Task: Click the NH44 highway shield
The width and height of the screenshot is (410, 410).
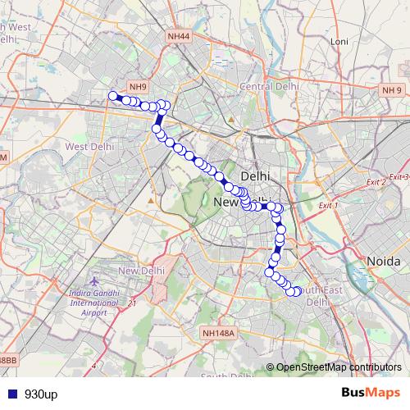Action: coord(177,36)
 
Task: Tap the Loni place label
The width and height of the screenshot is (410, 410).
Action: coord(339,41)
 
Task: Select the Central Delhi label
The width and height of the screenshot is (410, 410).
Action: coord(266,86)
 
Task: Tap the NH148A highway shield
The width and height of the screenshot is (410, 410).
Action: coord(217,334)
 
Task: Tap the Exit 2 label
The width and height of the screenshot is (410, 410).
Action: coord(376,180)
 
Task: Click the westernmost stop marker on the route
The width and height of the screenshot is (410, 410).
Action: coord(113,96)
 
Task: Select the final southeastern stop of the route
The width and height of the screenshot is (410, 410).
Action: coord(295,292)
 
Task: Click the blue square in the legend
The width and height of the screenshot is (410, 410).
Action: coord(10,394)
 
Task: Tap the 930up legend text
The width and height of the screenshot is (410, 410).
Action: coord(41,394)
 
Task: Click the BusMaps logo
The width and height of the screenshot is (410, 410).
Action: coord(371,394)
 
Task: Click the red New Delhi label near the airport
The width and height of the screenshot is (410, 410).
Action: coord(142,271)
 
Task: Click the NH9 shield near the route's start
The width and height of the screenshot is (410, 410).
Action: coord(139,86)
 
